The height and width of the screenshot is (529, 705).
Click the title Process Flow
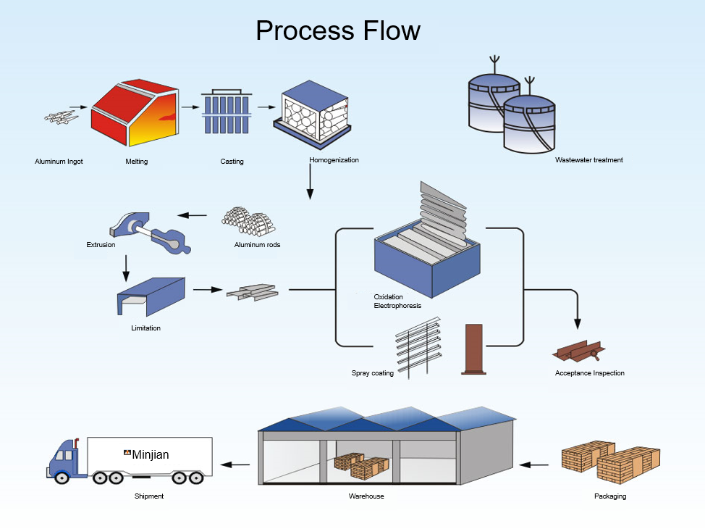point(337,30)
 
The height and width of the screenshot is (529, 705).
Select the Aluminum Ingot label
point(59,162)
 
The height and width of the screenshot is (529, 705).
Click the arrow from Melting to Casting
point(190,107)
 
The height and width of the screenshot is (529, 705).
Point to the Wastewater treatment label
point(588,160)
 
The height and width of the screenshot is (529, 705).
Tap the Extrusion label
point(101,245)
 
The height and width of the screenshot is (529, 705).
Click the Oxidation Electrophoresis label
point(397,301)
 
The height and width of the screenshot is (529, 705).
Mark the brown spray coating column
point(473,349)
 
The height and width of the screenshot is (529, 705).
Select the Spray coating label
point(372,373)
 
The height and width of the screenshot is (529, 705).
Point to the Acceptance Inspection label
point(589,373)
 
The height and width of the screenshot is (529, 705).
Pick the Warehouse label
point(366,496)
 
